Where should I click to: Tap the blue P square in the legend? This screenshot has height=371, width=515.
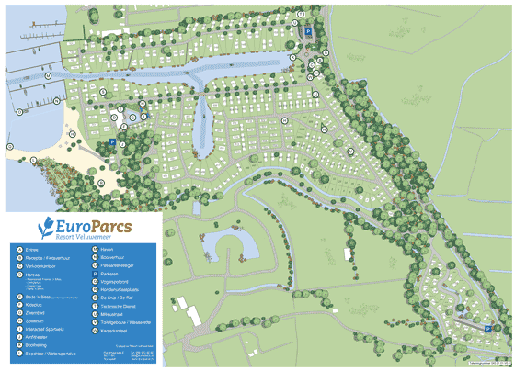coord(94,274)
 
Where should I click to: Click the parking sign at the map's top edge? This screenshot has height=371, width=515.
coord(309,31)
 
